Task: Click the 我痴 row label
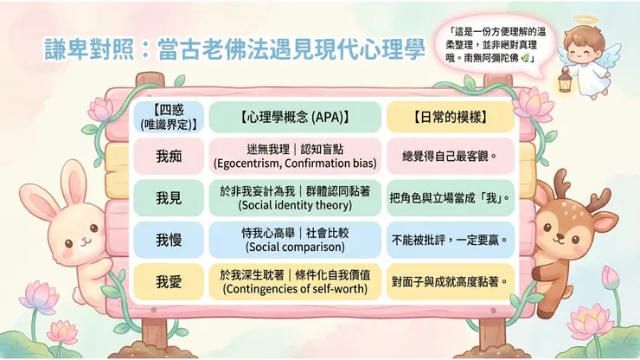pyautogui.click(x=169, y=156)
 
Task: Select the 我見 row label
pyautogui.click(x=169, y=198)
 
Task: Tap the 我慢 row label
pyautogui.click(x=169, y=240)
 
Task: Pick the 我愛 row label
pyautogui.click(x=169, y=282)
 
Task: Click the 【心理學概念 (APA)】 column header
pyautogui.click(x=295, y=118)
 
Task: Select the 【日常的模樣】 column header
pyautogui.click(x=451, y=118)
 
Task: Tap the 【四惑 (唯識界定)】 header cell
pyautogui.click(x=169, y=117)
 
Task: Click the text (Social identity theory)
pyautogui.click(x=295, y=205)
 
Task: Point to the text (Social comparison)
pyautogui.click(x=295, y=247)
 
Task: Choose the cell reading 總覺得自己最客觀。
pyautogui.click(x=450, y=156)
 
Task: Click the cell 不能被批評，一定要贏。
pyautogui.click(x=450, y=240)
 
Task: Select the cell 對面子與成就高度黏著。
pyautogui.click(x=450, y=282)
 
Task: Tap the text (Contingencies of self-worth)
pyautogui.click(x=295, y=289)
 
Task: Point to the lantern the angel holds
pyautogui.click(x=565, y=80)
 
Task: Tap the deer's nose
pyautogui.click(x=560, y=235)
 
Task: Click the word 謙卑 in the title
pyautogui.click(x=66, y=49)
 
